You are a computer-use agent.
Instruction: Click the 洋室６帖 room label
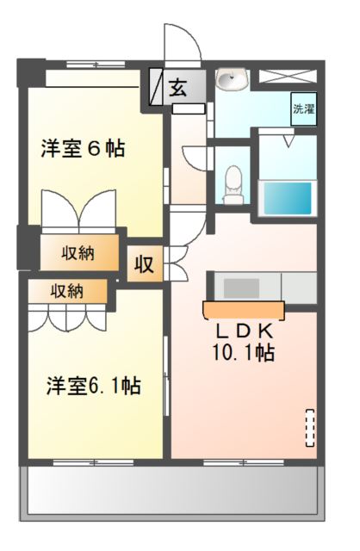[83, 148]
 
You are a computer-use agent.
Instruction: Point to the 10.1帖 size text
[244, 352]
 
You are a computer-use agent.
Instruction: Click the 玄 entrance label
[177, 87]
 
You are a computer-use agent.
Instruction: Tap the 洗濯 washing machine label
[303, 109]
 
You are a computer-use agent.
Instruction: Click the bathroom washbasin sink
[231, 81]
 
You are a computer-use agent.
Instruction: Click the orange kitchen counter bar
[244, 308]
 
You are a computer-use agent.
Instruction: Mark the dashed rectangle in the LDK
[310, 428]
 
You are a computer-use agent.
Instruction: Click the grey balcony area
[171, 494]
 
